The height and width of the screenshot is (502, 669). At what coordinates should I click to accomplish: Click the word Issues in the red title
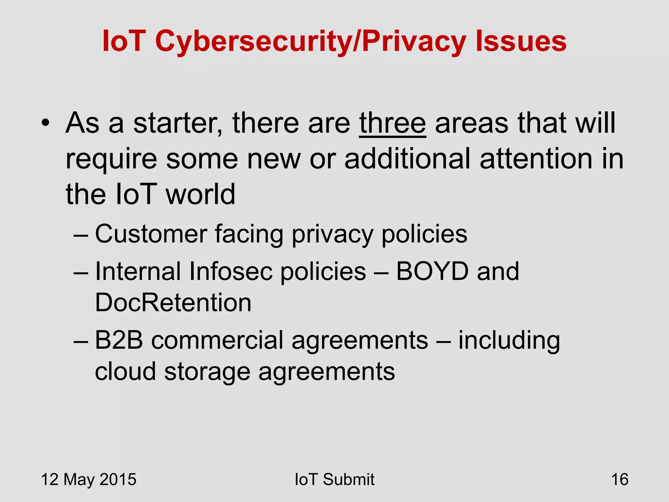(x=521, y=41)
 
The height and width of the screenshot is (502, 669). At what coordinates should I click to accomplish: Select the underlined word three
(x=392, y=123)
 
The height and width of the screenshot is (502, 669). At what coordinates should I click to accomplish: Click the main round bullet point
(x=45, y=123)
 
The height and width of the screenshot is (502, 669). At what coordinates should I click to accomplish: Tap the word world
(x=200, y=194)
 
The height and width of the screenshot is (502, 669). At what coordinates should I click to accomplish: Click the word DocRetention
(x=173, y=302)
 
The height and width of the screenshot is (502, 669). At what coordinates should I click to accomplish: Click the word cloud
(x=125, y=372)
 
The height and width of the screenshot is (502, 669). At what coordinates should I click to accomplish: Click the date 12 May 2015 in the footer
(x=89, y=479)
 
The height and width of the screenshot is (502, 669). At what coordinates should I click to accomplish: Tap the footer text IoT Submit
(x=334, y=479)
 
